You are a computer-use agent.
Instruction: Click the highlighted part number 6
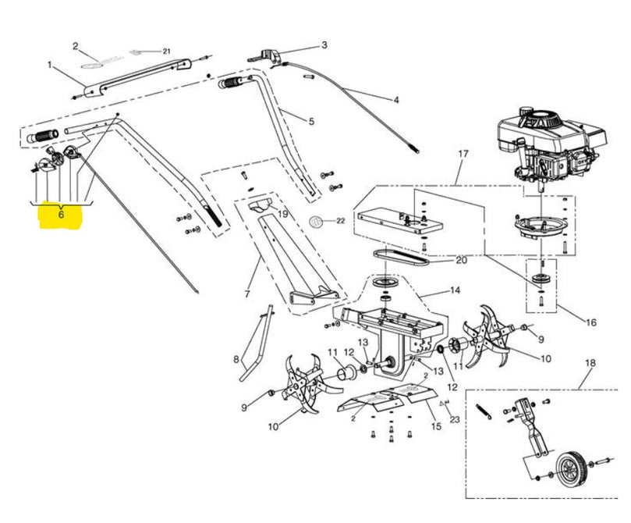click(x=61, y=214)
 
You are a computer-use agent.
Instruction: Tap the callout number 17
click(x=463, y=154)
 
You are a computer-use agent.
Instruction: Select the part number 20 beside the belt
click(x=461, y=261)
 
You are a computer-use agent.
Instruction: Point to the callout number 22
click(x=340, y=221)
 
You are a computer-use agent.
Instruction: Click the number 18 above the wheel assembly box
click(x=590, y=363)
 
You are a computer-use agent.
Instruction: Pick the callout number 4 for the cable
click(x=396, y=100)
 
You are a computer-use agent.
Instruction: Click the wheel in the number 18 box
click(x=571, y=470)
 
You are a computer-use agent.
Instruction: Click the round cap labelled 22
click(x=316, y=221)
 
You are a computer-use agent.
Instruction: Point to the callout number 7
click(x=247, y=294)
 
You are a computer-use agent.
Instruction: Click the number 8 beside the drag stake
click(x=236, y=360)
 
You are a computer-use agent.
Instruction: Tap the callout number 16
click(x=590, y=322)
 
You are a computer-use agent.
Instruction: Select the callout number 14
click(x=455, y=290)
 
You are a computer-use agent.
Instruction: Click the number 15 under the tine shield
click(x=436, y=426)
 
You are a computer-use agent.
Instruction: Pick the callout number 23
click(x=455, y=419)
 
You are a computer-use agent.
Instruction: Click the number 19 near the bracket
click(x=283, y=214)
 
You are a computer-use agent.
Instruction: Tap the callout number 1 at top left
click(x=50, y=65)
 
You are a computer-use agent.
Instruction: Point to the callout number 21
click(x=167, y=52)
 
